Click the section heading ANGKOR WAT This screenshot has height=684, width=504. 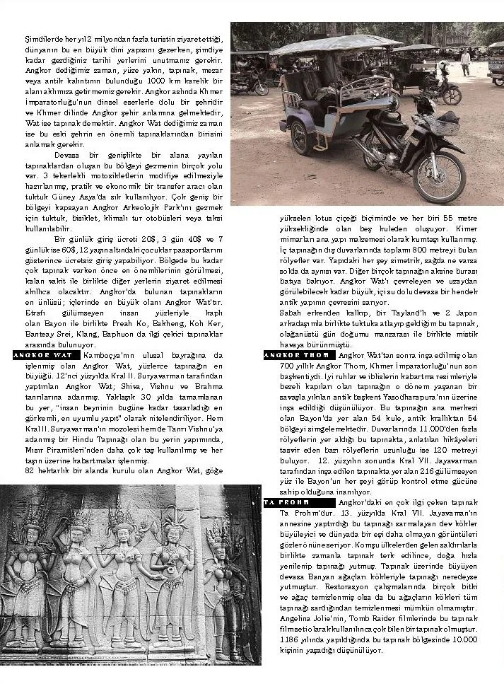point(44,354)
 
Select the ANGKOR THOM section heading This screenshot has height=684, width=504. point(296,355)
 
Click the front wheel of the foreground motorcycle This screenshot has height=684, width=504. point(438,176)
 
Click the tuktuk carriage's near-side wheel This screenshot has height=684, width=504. point(300,137)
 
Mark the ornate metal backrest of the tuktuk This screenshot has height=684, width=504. point(368,88)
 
